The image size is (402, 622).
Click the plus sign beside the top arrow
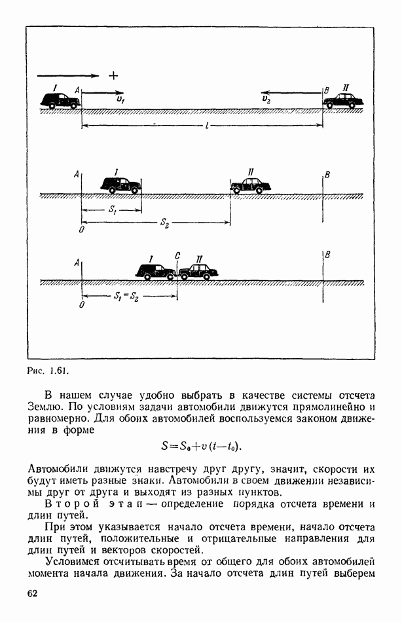[113, 75]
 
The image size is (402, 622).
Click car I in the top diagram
[60, 100]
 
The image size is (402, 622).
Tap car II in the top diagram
[344, 100]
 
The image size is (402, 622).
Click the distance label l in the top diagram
[206, 126]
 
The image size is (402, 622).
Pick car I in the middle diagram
[121, 185]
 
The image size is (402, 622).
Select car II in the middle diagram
[251, 185]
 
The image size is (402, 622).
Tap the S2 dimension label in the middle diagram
[165, 223]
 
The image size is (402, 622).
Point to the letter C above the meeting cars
[177, 256]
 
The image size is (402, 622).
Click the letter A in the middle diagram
[77, 174]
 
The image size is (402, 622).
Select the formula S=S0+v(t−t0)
[201, 447]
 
